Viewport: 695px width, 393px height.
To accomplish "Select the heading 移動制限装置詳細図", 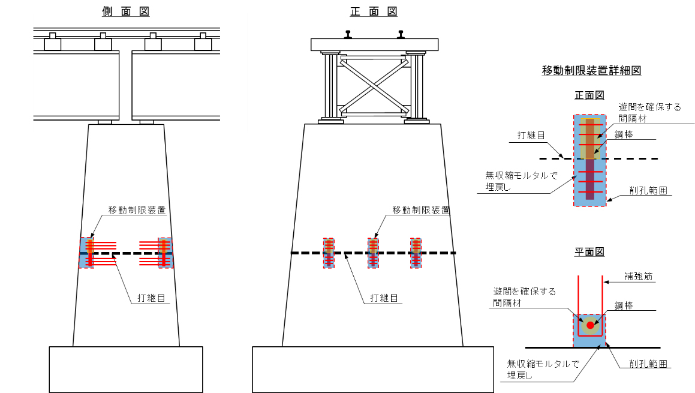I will pyautogui.click(x=591, y=71).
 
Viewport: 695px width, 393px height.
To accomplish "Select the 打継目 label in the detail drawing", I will pyautogui.click(x=531, y=136).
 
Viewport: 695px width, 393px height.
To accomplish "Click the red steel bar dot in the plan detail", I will pyautogui.click(x=590, y=325).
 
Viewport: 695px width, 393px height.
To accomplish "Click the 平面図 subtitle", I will pyautogui.click(x=589, y=252).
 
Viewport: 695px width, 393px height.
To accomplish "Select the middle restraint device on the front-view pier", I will pyautogui.click(x=373, y=253).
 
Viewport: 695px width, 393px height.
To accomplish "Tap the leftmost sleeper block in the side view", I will pyautogui.click(x=53, y=43).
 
